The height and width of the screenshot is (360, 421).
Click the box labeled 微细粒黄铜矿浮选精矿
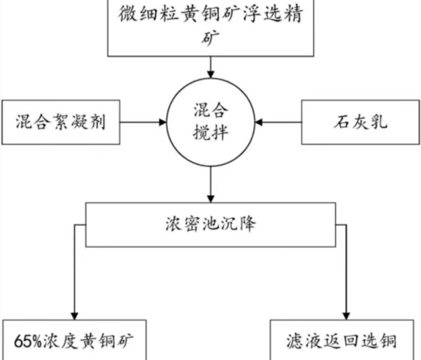tap(210, 27)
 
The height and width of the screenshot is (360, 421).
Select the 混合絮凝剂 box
tap(60, 122)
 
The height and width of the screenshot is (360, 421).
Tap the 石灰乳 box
tap(361, 122)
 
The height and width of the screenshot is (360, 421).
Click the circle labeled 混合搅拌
tap(210, 122)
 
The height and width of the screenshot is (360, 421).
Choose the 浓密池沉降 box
tap(210, 224)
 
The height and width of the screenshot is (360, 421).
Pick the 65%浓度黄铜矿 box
tap(74, 340)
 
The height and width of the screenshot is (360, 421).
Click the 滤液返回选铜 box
tap(341, 340)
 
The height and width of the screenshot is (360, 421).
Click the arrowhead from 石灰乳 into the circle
tap(259, 122)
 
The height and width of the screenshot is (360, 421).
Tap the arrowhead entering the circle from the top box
tap(210, 74)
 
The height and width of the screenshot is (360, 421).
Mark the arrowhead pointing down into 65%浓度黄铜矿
tap(74, 316)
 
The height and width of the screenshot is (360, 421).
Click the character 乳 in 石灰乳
tap(379, 122)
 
